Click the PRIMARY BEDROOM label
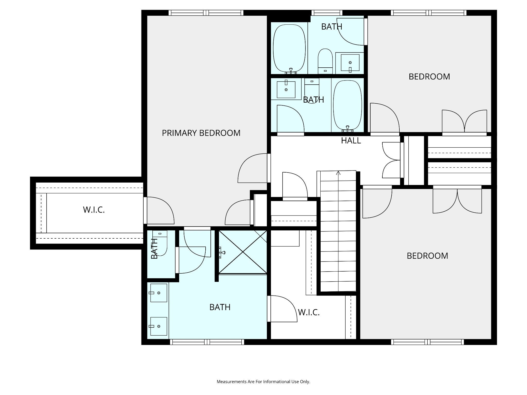[x=201, y=133]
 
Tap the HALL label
[x=351, y=140]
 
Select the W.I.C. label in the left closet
[x=94, y=210]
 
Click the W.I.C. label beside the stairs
[x=309, y=312]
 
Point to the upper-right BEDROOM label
[x=429, y=77]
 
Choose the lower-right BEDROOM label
[x=427, y=256]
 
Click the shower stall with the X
[x=243, y=252]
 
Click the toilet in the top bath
[x=325, y=61]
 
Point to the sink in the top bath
[x=350, y=62]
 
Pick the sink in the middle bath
[x=286, y=89]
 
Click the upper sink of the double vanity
[x=159, y=293]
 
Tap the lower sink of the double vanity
[x=159, y=326]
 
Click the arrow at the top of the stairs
[x=338, y=173]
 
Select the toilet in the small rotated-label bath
[x=160, y=243]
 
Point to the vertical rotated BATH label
[x=154, y=248]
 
